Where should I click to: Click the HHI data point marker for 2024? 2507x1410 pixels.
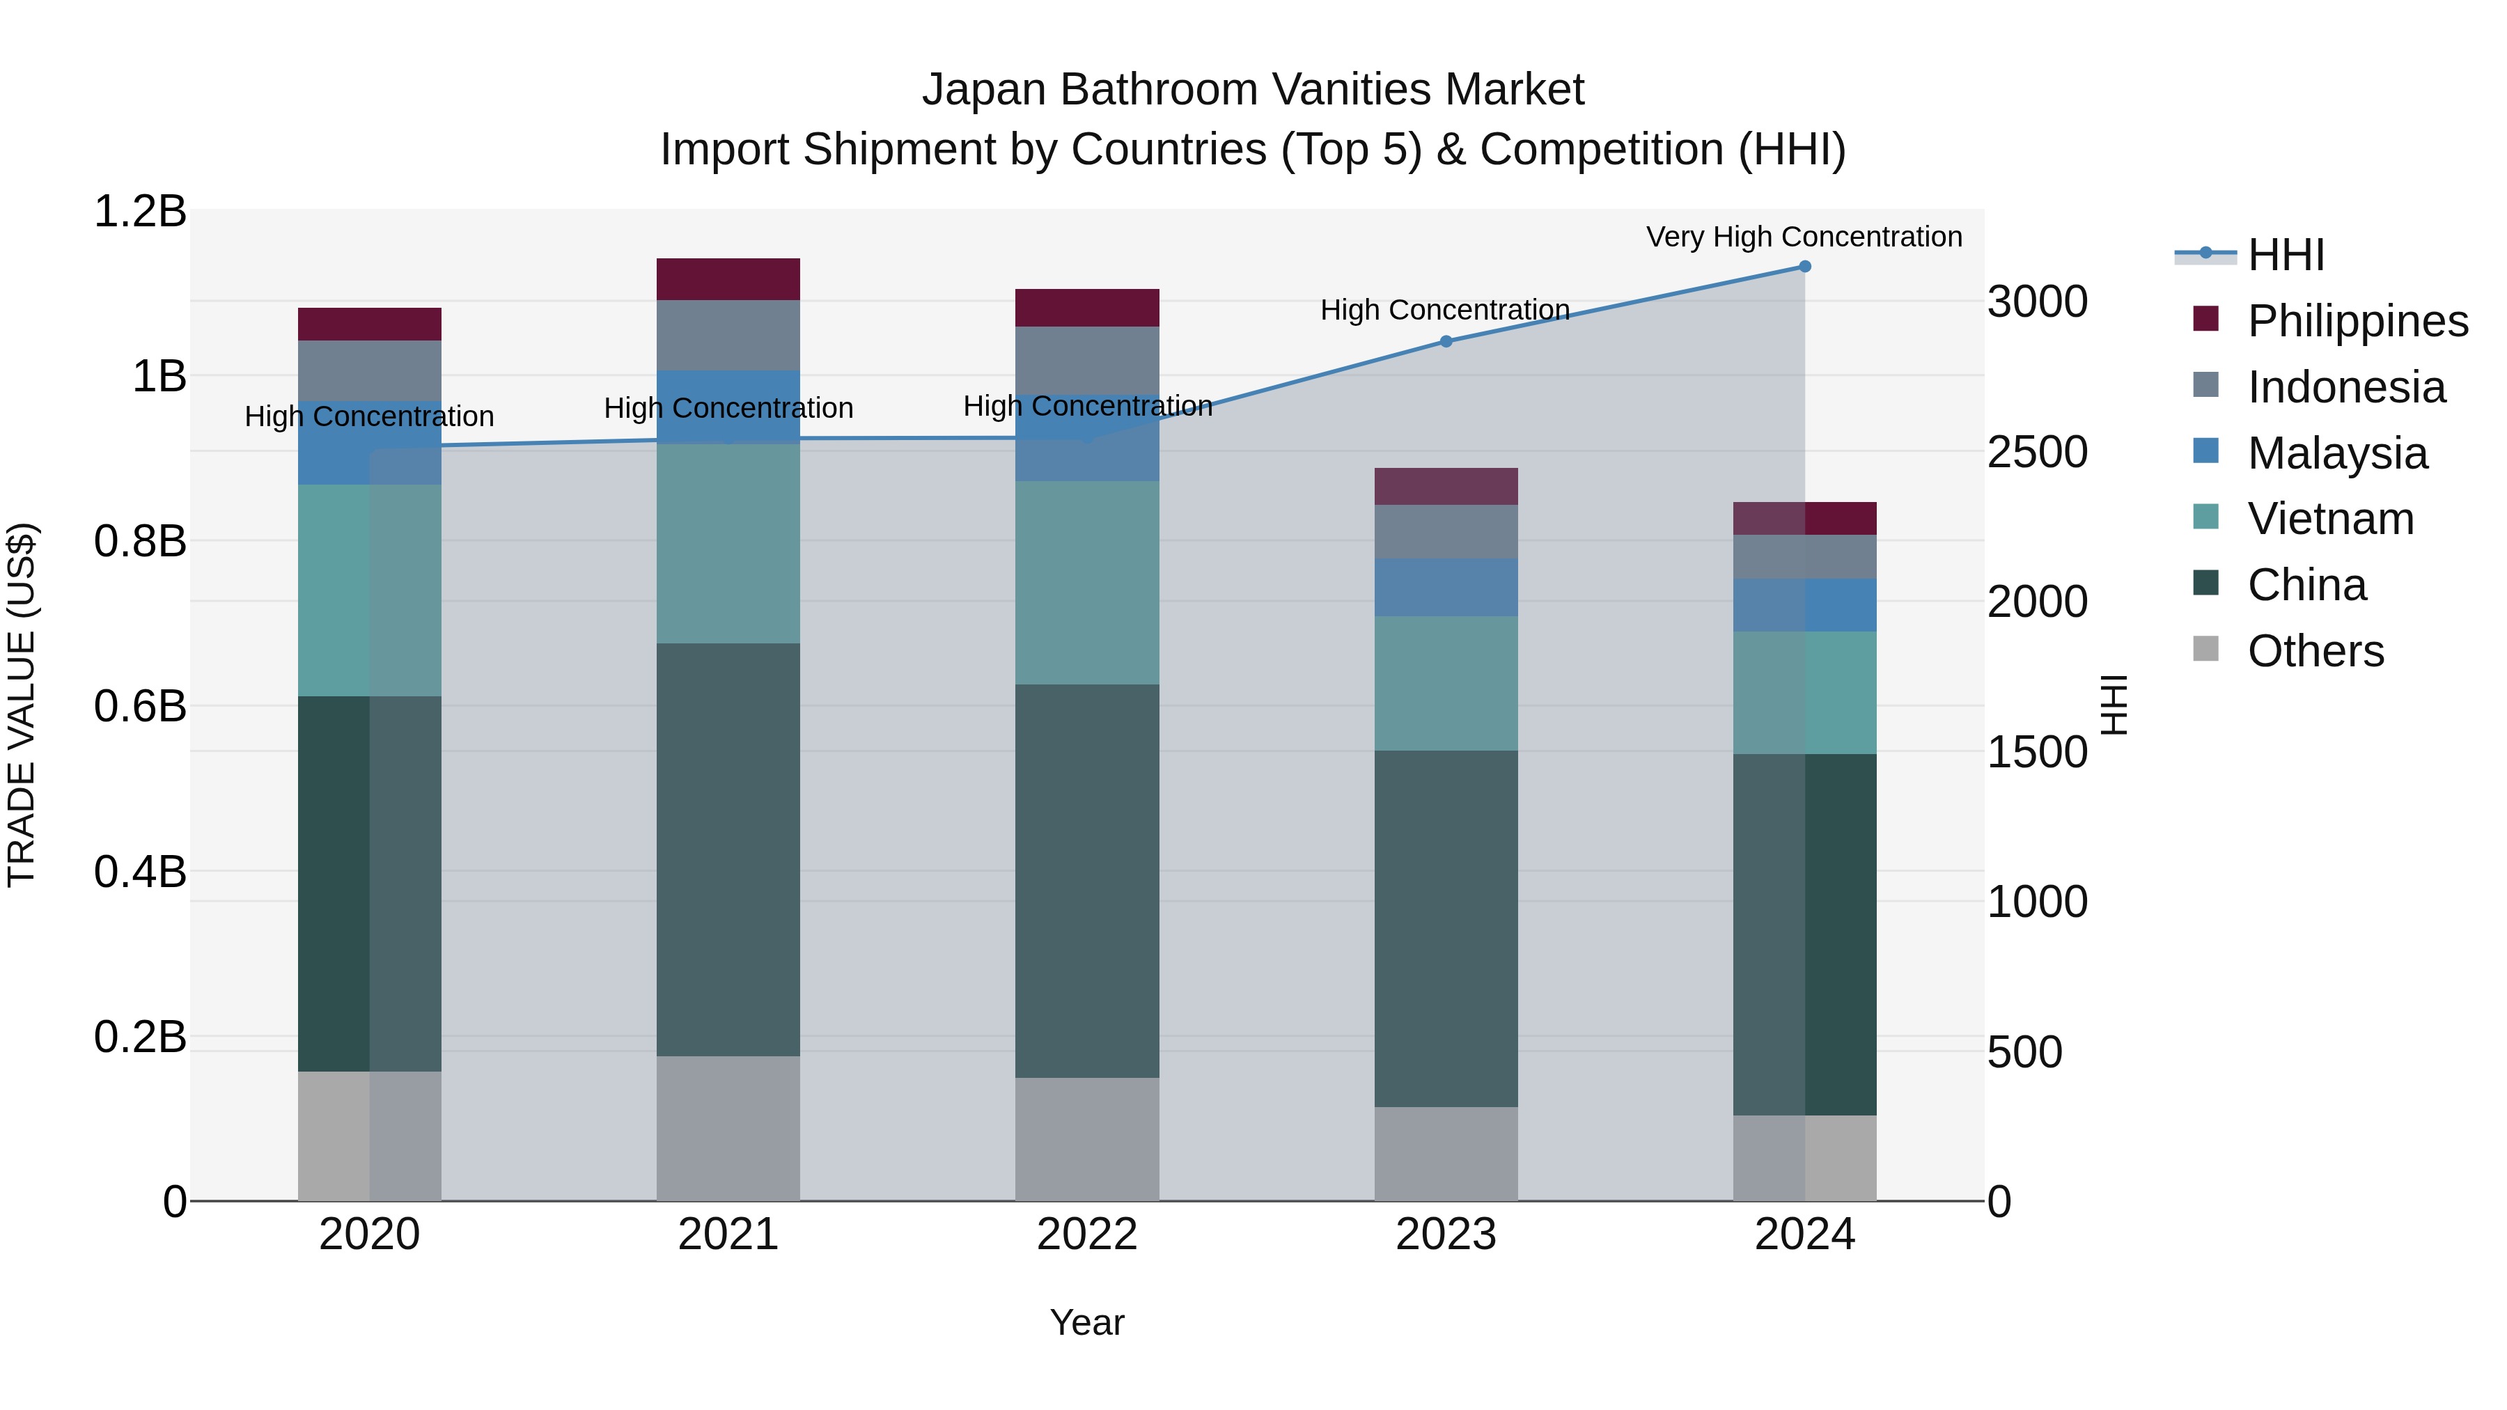[1804, 267]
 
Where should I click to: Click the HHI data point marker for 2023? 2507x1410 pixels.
[1445, 342]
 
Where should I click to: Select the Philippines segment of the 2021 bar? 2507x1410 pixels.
[728, 279]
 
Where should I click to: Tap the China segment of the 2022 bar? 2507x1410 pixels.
[1087, 881]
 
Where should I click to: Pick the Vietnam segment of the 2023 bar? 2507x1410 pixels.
[1445, 683]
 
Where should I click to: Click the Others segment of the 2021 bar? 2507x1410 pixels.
[728, 1128]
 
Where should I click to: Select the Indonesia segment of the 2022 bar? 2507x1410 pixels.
[1087, 359]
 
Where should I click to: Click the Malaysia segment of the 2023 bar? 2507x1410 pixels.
[1445, 587]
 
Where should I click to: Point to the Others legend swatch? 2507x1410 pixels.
[2206, 649]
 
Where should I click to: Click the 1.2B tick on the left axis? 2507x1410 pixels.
[140, 211]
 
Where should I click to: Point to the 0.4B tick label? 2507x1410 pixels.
[140, 872]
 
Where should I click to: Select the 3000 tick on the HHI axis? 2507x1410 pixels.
[2037, 301]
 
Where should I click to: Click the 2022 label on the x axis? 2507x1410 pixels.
[1087, 1235]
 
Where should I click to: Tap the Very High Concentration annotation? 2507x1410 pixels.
[1804, 237]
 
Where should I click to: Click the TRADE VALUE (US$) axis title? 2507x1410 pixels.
[22, 705]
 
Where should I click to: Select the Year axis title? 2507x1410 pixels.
[1087, 1322]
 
